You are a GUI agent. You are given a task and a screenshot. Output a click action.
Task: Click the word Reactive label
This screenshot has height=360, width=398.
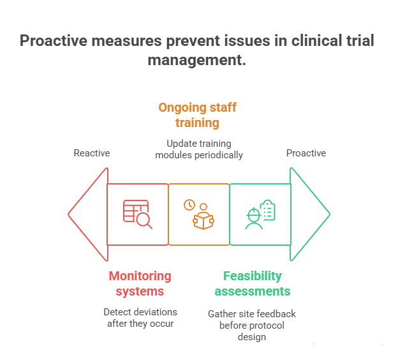(x=92, y=153)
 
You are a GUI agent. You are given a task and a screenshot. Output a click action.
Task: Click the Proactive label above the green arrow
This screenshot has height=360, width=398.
(x=306, y=153)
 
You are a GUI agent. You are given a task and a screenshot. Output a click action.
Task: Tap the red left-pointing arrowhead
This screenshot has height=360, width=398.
(x=88, y=214)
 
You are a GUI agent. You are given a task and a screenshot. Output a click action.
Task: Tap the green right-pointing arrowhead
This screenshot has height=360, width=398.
(x=309, y=214)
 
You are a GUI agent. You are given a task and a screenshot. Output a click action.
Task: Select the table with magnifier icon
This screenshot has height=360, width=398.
(x=137, y=214)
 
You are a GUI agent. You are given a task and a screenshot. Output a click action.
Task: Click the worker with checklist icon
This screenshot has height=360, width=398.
(x=260, y=214)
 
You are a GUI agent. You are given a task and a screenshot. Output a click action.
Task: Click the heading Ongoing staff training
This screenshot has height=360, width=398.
(x=197, y=115)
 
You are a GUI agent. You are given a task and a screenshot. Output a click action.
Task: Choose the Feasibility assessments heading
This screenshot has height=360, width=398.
(x=252, y=283)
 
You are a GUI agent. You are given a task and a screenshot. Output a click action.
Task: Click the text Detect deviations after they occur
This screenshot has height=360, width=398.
(x=140, y=317)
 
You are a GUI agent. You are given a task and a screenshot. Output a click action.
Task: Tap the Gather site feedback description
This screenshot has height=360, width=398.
(x=252, y=325)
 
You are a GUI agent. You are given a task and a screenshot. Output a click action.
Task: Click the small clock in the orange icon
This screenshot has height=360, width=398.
(x=189, y=205)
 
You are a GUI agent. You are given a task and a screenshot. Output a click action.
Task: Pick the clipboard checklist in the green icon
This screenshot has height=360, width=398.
(x=268, y=209)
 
